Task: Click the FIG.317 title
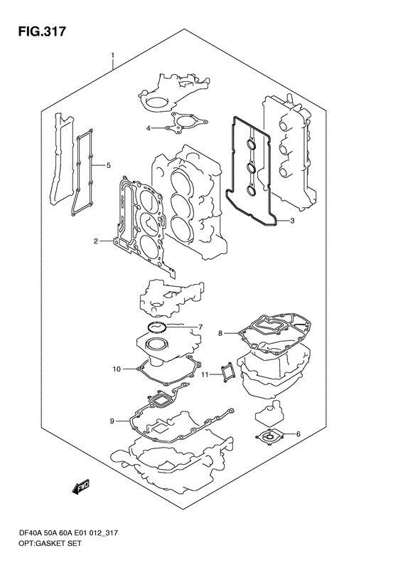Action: (x=42, y=31)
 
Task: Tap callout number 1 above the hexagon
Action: (x=112, y=56)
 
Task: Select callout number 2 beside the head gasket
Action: (x=96, y=241)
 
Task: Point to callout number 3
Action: (x=292, y=221)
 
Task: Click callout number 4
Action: (x=148, y=128)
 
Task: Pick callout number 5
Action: (x=108, y=165)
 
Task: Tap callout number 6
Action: (x=298, y=434)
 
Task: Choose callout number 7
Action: (x=200, y=327)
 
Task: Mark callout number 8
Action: (x=220, y=333)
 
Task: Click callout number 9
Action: (x=112, y=421)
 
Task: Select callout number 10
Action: (x=117, y=369)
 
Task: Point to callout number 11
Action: (x=205, y=374)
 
